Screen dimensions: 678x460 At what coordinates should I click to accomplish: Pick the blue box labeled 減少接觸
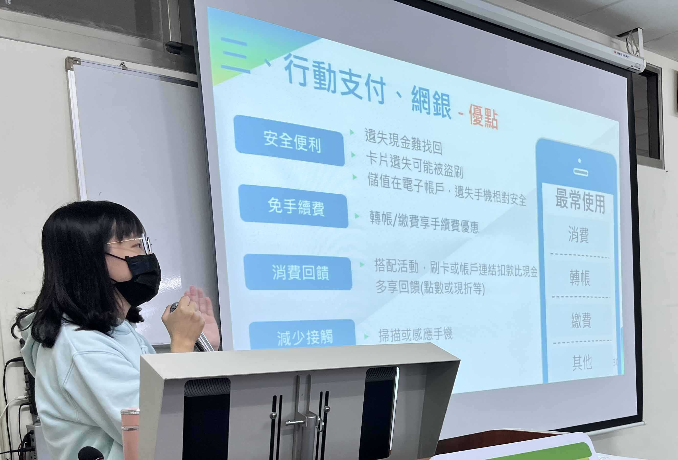pos(303,335)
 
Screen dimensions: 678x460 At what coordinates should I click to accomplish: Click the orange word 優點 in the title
pos(483,117)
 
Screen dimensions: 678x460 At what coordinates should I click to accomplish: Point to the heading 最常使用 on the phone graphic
pos(580,201)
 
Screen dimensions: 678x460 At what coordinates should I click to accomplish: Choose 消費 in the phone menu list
pos(578,234)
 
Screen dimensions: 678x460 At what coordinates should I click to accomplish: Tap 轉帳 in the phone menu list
pos(580,278)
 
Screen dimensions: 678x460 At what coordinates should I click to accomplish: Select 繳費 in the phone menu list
pos(581,320)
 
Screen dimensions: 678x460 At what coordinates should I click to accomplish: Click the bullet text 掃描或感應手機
pos(415,335)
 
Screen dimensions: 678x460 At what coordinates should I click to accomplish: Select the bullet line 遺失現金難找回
pos(403,141)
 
